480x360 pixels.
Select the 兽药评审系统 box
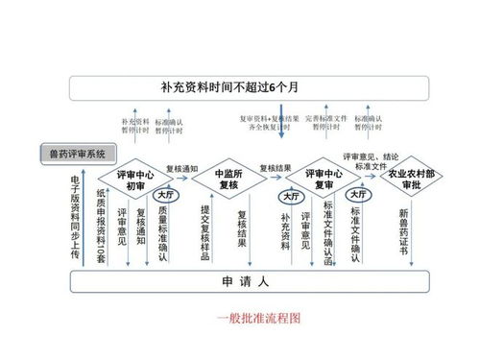pyautogui.click(x=76, y=154)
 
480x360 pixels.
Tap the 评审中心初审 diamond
pyautogui.click(x=134, y=179)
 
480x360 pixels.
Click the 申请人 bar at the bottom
pyautogui.click(x=240, y=283)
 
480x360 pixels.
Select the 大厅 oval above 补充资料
pyautogui.click(x=288, y=197)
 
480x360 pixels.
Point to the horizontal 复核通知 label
pyautogui.click(x=181, y=169)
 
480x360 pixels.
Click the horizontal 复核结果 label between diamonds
pyautogui.click(x=275, y=169)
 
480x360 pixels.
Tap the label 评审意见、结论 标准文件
pyautogui.click(x=370, y=160)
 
